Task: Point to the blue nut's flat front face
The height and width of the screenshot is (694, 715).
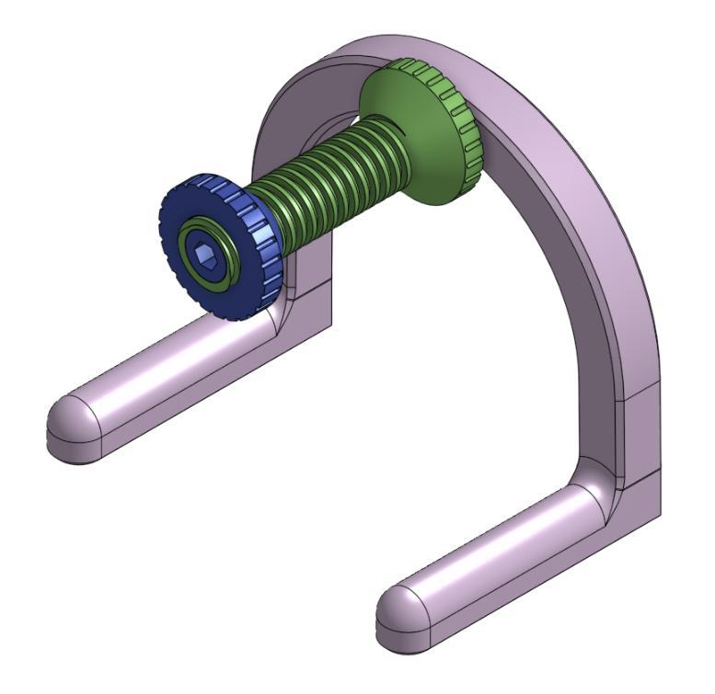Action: (184, 221)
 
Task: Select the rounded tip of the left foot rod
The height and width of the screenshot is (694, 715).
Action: (69, 427)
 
